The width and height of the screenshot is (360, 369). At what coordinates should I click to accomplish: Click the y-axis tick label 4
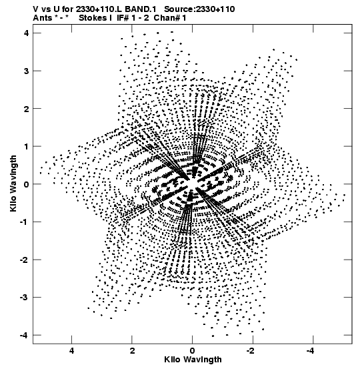[x=26, y=33]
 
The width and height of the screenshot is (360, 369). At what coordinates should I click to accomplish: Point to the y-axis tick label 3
[x=26, y=71]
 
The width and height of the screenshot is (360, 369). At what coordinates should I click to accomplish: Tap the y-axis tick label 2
[x=26, y=109]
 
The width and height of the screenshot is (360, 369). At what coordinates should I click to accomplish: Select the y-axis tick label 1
[x=26, y=146]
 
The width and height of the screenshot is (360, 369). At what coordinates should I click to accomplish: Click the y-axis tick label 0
[x=26, y=184]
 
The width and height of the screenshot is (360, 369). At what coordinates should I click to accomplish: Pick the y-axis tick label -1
[x=24, y=222]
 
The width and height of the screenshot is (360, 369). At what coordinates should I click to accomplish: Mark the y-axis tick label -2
[x=24, y=260]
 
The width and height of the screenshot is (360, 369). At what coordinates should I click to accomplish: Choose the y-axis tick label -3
[x=24, y=298]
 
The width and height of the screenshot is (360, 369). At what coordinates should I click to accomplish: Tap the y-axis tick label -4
[x=24, y=335]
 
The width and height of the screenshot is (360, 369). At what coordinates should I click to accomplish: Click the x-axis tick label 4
[x=71, y=351]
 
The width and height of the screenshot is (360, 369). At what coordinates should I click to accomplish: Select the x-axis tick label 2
[x=132, y=351]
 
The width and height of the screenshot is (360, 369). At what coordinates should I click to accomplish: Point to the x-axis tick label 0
[x=193, y=351]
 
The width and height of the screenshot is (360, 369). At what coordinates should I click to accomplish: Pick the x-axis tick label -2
[x=251, y=351]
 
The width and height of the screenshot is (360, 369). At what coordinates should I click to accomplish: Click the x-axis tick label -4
[x=311, y=351]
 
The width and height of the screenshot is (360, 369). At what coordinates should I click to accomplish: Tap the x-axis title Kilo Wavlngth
[x=193, y=360]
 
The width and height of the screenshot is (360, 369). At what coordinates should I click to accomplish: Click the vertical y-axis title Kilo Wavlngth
[x=13, y=183]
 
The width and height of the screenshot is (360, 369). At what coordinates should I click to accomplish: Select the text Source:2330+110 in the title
[x=199, y=9]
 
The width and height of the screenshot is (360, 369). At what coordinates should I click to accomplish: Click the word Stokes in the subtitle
[x=93, y=18]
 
